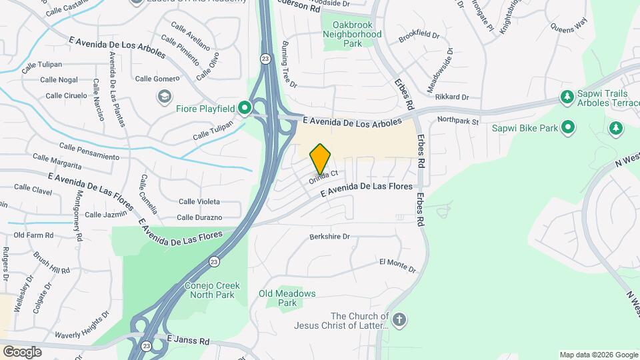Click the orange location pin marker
(320, 159)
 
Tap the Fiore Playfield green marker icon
(245, 107)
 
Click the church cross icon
(399, 320)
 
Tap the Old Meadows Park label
(287, 298)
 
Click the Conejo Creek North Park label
(212, 291)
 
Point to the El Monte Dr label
(397, 265)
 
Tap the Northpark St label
(458, 121)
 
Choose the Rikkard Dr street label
(452, 97)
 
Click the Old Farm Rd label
(33, 235)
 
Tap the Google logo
(22, 351)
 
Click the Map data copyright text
(598, 355)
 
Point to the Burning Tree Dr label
(288, 65)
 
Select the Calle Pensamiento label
(89, 151)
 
